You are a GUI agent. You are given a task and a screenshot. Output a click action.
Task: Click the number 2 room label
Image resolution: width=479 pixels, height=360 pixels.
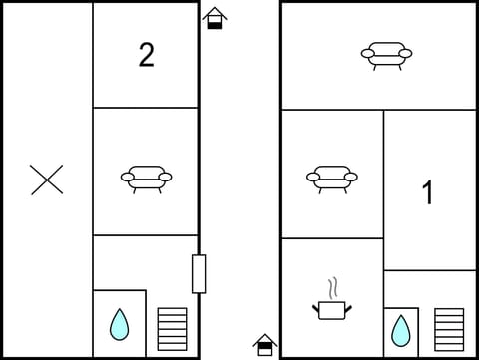pos(146,56)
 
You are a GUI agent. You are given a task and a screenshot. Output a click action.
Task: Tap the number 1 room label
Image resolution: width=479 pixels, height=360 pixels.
pos(428,192)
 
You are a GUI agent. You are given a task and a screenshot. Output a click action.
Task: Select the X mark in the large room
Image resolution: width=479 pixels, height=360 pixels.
pos(47,180)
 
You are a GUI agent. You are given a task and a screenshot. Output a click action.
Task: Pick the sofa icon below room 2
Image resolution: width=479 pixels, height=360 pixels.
pos(146,177)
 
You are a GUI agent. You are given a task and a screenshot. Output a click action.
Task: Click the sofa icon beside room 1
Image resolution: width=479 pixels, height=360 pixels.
pos(331,177)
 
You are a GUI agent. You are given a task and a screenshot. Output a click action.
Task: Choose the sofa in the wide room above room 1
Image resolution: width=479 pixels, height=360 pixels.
pos(385,54)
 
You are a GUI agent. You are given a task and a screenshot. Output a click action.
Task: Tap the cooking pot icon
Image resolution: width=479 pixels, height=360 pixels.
pos(331,309)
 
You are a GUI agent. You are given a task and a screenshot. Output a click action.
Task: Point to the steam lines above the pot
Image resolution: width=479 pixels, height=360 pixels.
pos(333,288)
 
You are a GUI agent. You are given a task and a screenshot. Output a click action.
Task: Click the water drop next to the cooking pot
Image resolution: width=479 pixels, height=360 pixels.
pos(400,328)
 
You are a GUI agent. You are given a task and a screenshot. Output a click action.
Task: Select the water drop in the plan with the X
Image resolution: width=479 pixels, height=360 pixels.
pos(119,323)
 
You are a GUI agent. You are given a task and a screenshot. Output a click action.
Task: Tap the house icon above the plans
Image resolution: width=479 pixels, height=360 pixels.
pos(214,18)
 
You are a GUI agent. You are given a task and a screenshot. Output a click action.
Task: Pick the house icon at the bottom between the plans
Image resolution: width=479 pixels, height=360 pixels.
pos(264,345)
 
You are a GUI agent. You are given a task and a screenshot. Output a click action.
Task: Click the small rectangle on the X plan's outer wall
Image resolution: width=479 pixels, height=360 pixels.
pos(199,273)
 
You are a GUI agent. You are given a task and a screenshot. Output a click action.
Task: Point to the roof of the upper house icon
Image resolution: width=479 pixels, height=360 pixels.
pos(214,13)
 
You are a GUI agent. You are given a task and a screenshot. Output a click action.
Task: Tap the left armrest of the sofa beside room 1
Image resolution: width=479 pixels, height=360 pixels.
pos(312,178)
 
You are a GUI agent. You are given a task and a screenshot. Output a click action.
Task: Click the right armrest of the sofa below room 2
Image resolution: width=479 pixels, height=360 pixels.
pos(166,178)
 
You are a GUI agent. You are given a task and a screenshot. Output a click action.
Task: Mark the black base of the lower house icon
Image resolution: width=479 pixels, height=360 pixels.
pos(264,350)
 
